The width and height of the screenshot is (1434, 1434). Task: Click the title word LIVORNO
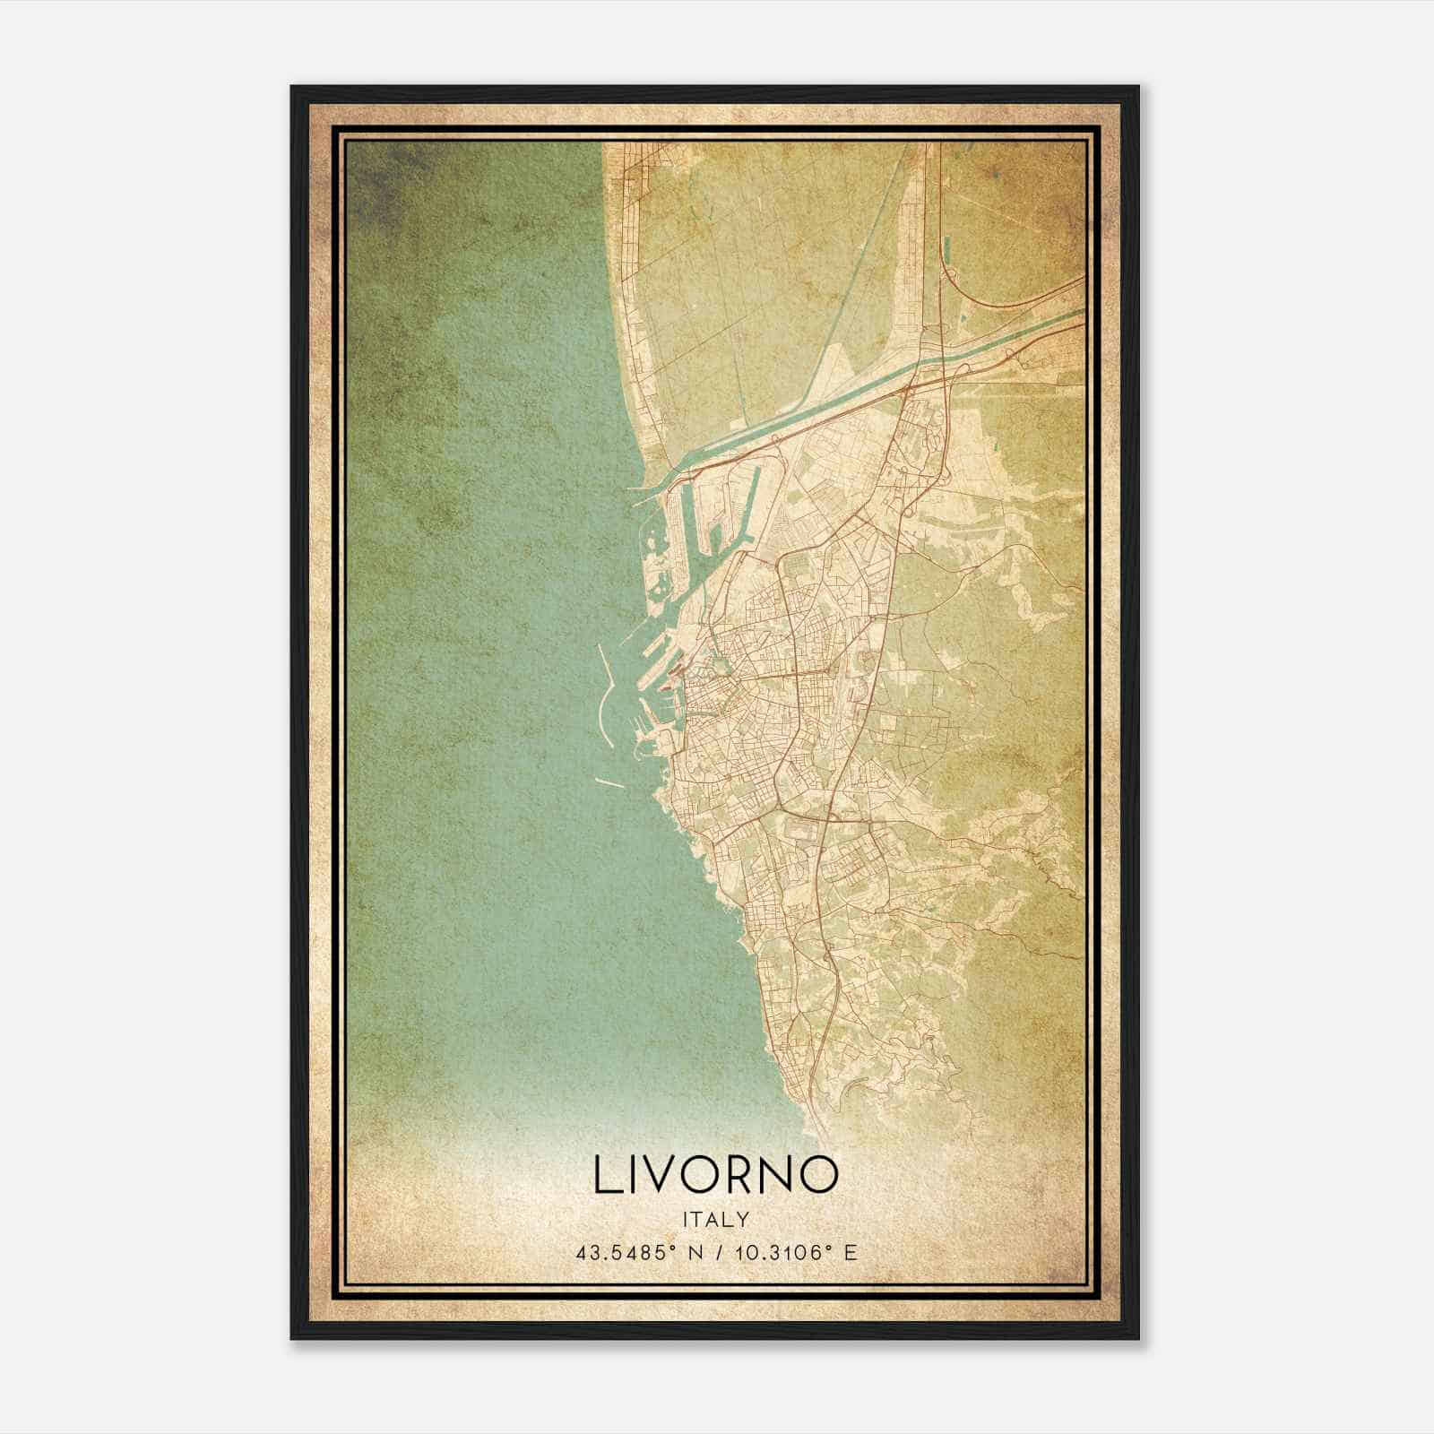tap(715, 1175)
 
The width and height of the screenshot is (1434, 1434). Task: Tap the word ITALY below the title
tap(715, 1219)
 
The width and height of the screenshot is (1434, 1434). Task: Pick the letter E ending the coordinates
tap(851, 1252)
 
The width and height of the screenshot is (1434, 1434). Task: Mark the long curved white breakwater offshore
tap(602, 708)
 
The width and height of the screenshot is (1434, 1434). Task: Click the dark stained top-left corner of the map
tap(376, 179)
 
